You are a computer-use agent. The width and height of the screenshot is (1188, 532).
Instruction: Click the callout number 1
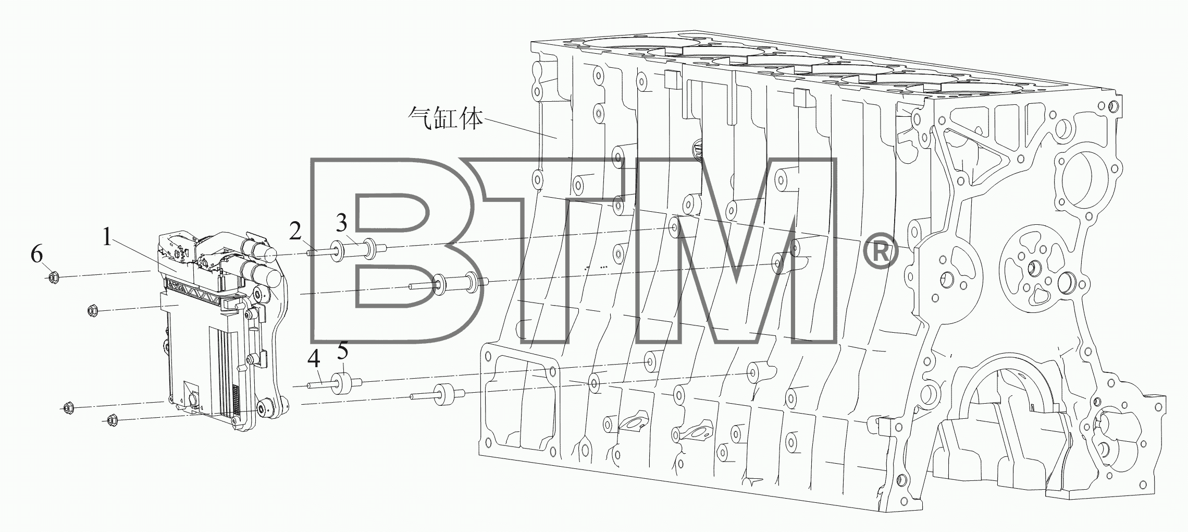pyautogui.click(x=107, y=238)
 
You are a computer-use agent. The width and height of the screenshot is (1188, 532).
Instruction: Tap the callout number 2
pyautogui.click(x=295, y=231)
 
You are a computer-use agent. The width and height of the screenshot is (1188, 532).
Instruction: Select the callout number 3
pyautogui.click(x=341, y=223)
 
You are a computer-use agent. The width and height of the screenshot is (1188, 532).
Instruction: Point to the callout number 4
pyautogui.click(x=314, y=359)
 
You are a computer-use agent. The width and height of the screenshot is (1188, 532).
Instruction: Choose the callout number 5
pyautogui.click(x=342, y=350)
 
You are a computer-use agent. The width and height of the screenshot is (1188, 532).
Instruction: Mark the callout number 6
pyautogui.click(x=36, y=255)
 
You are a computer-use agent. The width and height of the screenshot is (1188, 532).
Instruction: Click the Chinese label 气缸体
pyautogui.click(x=445, y=119)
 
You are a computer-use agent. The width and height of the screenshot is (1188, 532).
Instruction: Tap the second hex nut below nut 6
pyautogui.click(x=93, y=311)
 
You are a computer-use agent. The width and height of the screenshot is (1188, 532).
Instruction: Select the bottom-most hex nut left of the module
pyautogui.click(x=111, y=419)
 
